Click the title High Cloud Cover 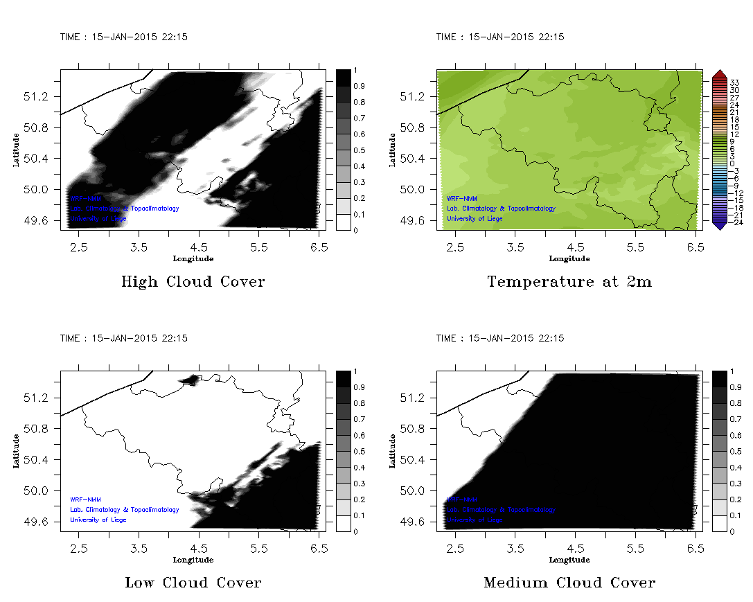[x=193, y=282]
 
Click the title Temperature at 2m [x=569, y=282]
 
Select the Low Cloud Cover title [x=193, y=583]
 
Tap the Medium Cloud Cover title [x=569, y=583]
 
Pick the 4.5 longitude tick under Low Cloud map [x=199, y=547]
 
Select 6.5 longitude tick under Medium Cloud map [x=696, y=547]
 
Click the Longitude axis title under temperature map [x=569, y=258]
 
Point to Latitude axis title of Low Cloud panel [x=17, y=451]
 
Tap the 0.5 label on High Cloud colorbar [x=360, y=150]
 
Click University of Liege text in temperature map [x=475, y=219]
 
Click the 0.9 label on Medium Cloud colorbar [x=736, y=387]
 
